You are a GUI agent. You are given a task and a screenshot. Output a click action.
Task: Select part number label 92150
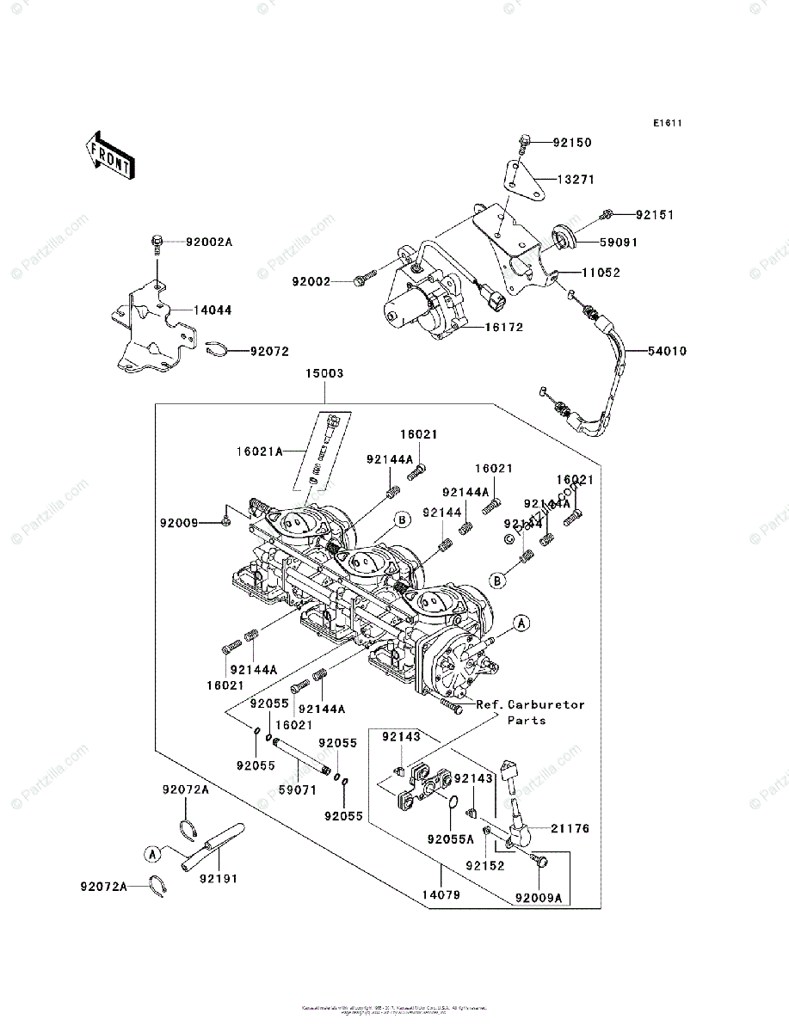[572, 142]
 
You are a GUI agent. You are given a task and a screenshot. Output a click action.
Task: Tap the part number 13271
[576, 180]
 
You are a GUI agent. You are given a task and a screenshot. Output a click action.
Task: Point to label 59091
[618, 243]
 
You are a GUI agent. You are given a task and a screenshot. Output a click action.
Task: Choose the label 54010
[668, 351]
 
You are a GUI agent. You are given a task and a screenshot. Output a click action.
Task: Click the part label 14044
[212, 310]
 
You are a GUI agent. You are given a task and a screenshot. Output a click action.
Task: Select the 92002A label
[209, 243]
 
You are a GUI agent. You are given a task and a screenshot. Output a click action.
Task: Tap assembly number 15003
[324, 374]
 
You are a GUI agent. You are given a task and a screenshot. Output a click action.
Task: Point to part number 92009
[178, 522]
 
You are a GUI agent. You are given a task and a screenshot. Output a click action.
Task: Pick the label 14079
[441, 895]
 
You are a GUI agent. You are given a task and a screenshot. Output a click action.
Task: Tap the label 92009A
[539, 898]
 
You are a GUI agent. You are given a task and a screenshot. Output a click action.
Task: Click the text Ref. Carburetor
[530, 704]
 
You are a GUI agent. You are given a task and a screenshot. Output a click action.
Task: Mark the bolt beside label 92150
[524, 143]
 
